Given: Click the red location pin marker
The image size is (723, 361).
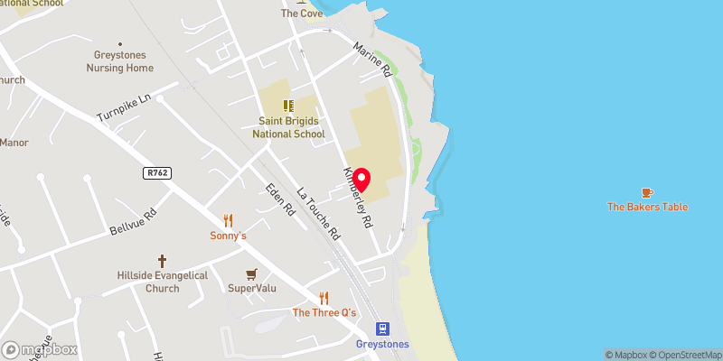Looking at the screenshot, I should [362, 178].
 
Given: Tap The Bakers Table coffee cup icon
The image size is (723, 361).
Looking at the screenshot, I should [646, 192].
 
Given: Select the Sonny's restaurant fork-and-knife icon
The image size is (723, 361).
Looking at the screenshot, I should [228, 219].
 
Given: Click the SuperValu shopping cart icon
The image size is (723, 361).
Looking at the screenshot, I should [252, 273].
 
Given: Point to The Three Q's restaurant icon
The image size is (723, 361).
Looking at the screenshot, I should [324, 298].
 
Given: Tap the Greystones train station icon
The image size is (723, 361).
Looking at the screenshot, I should [382, 329].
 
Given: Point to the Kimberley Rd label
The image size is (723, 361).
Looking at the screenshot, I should [356, 196].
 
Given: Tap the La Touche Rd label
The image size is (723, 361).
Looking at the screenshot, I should [318, 213].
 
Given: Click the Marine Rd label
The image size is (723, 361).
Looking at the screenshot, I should [372, 59].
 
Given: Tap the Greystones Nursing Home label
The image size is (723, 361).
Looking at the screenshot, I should [119, 61].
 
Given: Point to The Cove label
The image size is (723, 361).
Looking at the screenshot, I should [302, 14].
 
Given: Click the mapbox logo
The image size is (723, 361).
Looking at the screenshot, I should [40, 349].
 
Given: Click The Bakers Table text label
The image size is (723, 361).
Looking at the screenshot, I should [647, 208].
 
